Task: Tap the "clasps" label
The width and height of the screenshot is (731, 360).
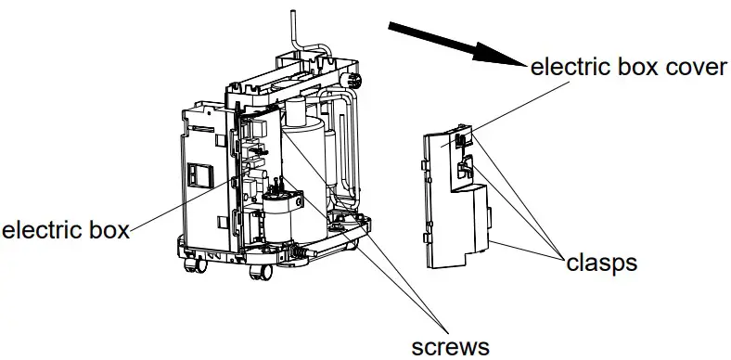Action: coord(601,263)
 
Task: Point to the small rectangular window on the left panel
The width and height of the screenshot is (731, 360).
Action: coord(196,174)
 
